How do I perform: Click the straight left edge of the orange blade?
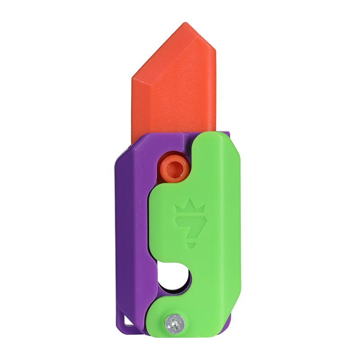(x=133, y=103)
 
